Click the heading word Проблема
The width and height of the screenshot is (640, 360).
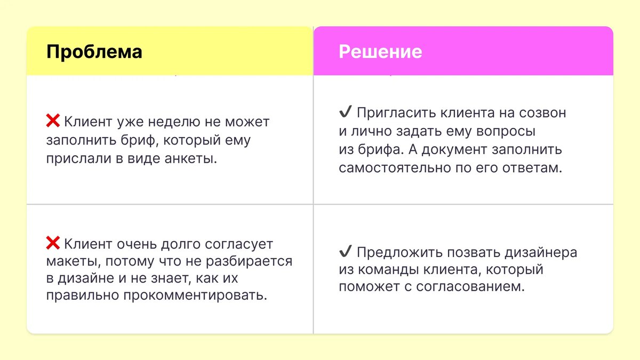click(x=94, y=52)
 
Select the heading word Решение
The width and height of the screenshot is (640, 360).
click(x=380, y=52)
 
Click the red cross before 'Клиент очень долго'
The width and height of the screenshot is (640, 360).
click(x=53, y=244)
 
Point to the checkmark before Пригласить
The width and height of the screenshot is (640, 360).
click(x=345, y=113)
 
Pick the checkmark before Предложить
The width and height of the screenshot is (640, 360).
click(x=345, y=252)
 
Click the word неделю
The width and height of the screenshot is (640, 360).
click(x=173, y=122)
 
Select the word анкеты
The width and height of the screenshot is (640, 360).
click(x=190, y=159)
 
